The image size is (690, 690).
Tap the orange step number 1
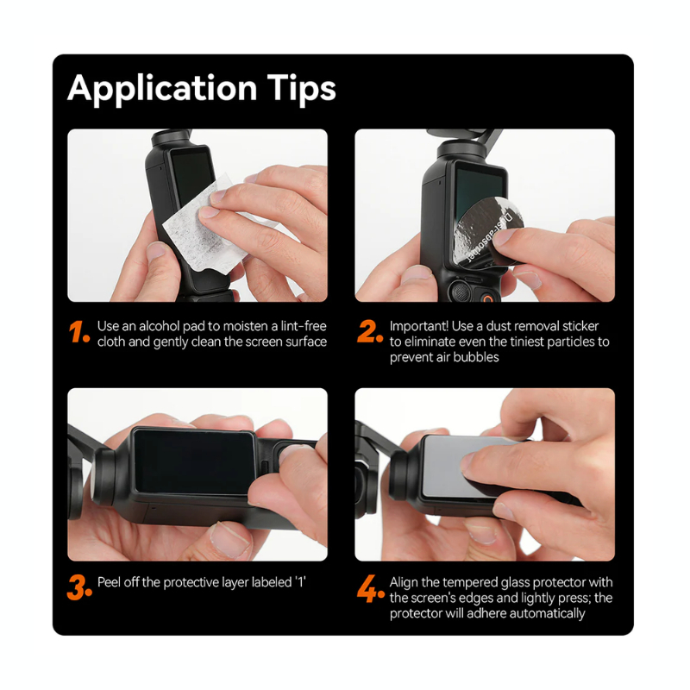[x=78, y=333]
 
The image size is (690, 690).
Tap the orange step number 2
[x=369, y=333]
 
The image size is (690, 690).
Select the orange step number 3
[x=79, y=588]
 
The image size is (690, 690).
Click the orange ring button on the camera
[x=488, y=297]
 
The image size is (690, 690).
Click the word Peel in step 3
[x=110, y=582]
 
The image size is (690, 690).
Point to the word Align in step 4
[x=405, y=582]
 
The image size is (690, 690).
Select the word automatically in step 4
[x=544, y=613]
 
